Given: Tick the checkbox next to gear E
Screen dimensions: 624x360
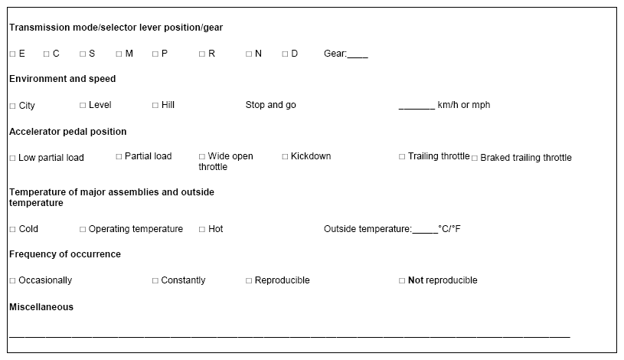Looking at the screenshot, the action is [x=12, y=54].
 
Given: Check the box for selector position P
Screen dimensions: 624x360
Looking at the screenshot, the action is [x=155, y=54].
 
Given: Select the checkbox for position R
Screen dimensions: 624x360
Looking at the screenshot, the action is [x=202, y=54].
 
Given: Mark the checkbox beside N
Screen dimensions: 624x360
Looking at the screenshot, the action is [x=249, y=54].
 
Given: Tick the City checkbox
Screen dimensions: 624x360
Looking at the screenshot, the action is [x=12, y=106].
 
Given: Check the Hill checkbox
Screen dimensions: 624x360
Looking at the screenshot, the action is [x=155, y=105].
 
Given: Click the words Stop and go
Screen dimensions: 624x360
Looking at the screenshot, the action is [x=270, y=105].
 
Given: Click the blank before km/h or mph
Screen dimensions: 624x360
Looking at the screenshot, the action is [x=417, y=108].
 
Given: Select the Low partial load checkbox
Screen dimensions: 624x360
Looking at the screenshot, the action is [x=12, y=158].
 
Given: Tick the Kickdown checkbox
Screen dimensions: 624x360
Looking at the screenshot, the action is [x=285, y=156].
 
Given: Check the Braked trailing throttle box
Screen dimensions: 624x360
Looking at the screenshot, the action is [x=475, y=158].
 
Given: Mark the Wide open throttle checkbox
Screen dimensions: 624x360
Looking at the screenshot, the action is [x=202, y=156].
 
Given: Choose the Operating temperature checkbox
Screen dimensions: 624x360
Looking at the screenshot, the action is [x=83, y=229].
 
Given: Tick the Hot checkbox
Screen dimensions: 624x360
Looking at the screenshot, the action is [x=202, y=229].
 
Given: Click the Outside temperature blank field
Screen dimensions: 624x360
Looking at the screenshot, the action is [x=425, y=233].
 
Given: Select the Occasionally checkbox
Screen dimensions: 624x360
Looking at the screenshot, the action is [x=12, y=281].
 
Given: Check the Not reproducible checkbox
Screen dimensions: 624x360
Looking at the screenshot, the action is [x=402, y=281].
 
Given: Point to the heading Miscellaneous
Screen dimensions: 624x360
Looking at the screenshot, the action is [x=41, y=307].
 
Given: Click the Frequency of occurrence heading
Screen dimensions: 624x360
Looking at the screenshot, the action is [x=65, y=254].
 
